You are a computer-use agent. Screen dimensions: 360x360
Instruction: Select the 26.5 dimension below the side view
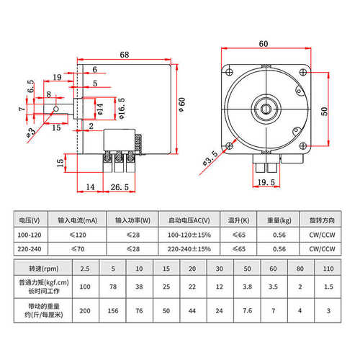click(120, 187)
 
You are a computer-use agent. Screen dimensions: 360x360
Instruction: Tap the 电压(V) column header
click(31, 220)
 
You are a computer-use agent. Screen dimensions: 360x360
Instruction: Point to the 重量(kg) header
click(283, 220)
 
